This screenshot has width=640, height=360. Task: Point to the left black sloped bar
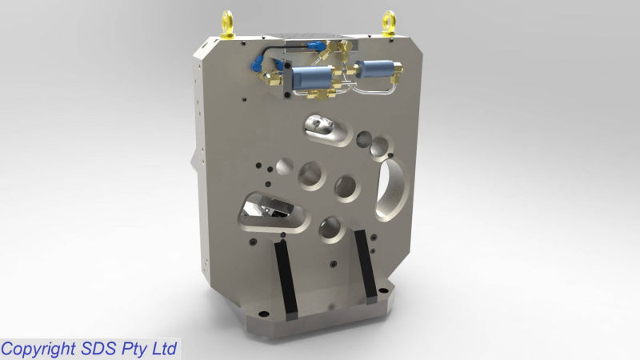(x=285, y=277)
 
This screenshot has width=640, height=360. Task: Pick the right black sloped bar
(x=366, y=266)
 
